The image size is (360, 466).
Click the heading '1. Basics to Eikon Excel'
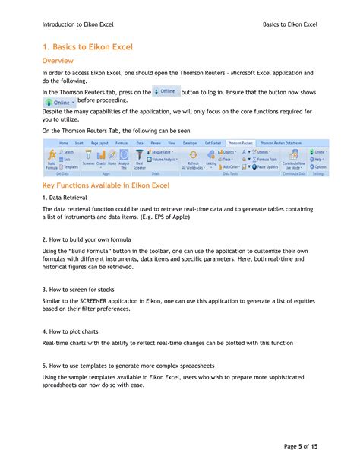click(87, 47)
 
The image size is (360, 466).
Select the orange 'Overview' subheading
click(58, 59)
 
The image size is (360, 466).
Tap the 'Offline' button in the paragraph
click(166, 90)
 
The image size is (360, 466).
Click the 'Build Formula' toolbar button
click(52, 159)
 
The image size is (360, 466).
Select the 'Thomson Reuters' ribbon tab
click(240, 142)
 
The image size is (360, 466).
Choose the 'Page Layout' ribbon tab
click(99, 142)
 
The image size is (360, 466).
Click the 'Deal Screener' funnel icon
click(140, 157)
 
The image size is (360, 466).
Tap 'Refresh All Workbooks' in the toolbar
click(194, 159)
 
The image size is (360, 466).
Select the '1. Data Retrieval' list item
click(65, 197)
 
